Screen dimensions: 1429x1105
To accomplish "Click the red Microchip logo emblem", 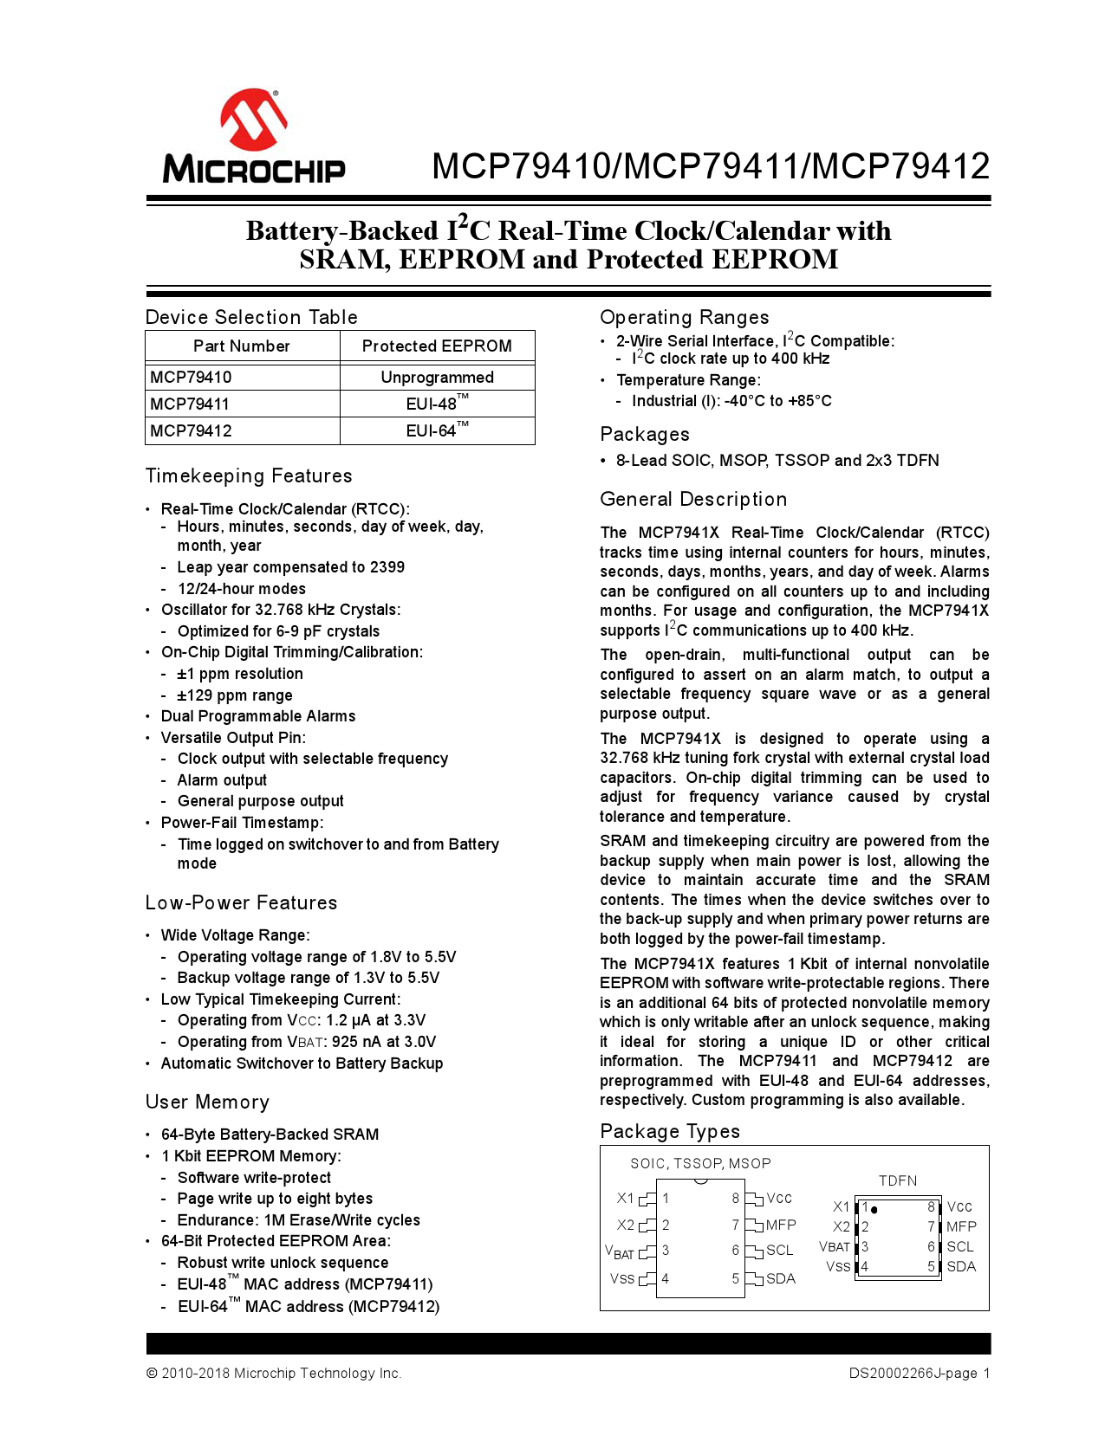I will click(x=253, y=120).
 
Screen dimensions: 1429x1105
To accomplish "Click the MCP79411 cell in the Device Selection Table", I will click(x=191, y=404).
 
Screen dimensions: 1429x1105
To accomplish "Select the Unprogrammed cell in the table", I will click(x=437, y=377).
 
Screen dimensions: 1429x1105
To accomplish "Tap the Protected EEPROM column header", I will click(x=437, y=346).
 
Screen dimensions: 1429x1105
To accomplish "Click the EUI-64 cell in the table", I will click(x=436, y=430).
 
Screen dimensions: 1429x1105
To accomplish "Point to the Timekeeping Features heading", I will click(x=249, y=475).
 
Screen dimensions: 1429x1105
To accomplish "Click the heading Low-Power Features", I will click(x=241, y=902).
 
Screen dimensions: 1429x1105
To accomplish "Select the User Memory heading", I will click(x=207, y=1102).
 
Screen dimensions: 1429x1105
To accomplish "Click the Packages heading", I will click(x=645, y=434).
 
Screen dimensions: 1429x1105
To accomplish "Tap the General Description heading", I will click(x=693, y=499).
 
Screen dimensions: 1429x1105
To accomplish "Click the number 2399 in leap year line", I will click(x=387, y=567).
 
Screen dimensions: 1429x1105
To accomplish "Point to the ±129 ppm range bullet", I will click(x=235, y=695).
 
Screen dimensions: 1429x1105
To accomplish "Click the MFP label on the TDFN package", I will click(x=961, y=1226).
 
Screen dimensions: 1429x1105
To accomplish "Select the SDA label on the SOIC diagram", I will click(x=780, y=1278).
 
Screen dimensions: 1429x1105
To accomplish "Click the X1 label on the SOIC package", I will click(x=626, y=1198).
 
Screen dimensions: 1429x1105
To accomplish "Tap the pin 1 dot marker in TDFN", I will click(x=874, y=1209).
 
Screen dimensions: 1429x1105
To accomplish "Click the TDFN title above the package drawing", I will click(x=897, y=1180).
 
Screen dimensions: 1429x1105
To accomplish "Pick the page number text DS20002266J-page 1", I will click(x=919, y=1373).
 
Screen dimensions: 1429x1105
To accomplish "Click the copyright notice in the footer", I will click(x=274, y=1373).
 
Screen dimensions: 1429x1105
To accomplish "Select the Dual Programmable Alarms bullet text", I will click(x=258, y=716).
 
